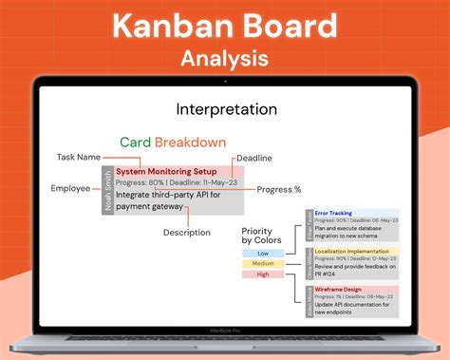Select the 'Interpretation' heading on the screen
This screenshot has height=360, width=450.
(225, 110)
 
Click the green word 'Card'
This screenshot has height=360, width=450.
(136, 142)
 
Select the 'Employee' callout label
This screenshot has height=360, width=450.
(70, 188)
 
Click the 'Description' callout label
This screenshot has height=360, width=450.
(187, 233)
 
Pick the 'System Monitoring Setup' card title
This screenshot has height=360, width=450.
(165, 171)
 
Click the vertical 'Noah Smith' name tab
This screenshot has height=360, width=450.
(107, 190)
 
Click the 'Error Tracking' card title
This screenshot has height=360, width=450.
(333, 215)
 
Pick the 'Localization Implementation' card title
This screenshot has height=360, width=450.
(354, 251)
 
